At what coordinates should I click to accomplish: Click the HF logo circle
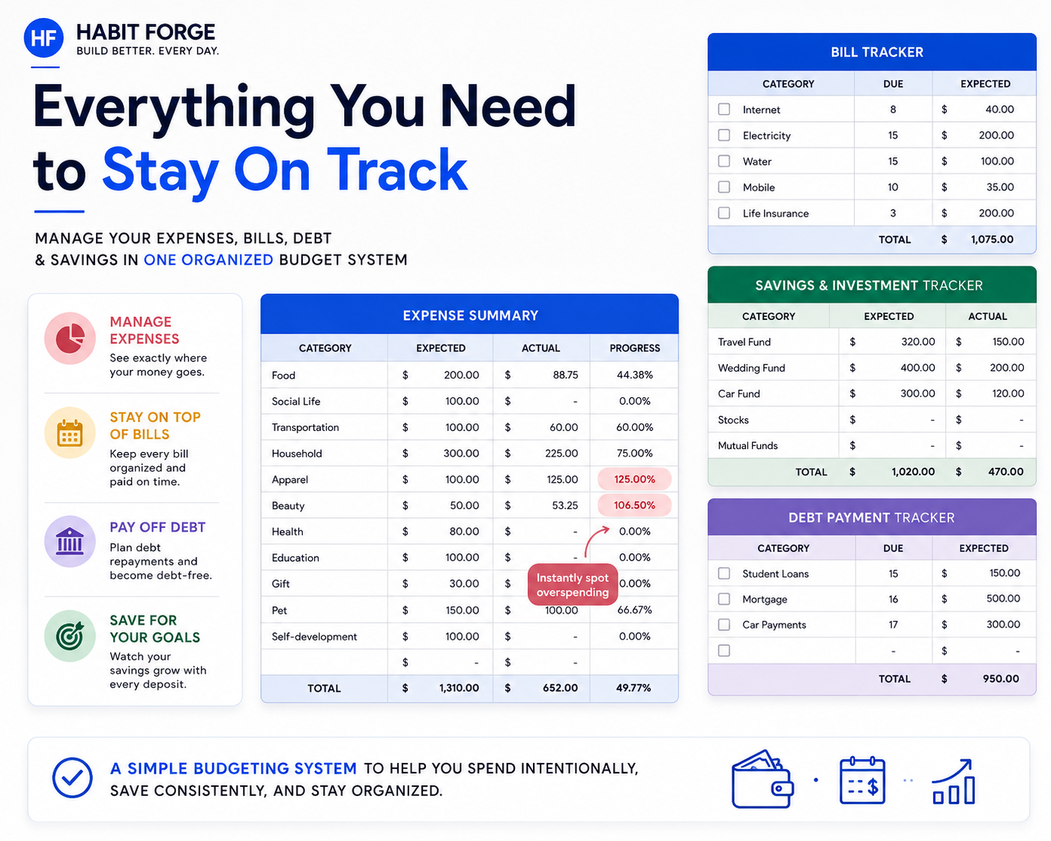(43, 37)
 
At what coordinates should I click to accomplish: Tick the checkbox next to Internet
(724, 109)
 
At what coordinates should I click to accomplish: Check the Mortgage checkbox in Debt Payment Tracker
(724, 599)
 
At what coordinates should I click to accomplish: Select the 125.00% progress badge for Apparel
(634, 479)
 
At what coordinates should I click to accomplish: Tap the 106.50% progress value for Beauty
(634, 505)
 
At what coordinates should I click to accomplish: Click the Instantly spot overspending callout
(573, 585)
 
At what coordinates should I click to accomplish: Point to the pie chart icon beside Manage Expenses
(70, 338)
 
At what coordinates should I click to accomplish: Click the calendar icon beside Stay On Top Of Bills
(70, 432)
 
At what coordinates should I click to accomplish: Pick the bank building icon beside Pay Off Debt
(70, 541)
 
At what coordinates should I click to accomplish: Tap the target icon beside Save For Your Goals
(70, 636)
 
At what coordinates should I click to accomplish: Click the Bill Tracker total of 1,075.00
(992, 239)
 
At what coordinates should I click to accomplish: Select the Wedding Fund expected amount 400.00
(917, 368)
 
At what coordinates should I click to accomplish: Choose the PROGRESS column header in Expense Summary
(634, 349)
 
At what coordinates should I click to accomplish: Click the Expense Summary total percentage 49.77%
(633, 688)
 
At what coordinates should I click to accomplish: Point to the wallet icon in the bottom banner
(762, 779)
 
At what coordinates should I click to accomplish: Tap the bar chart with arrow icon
(954, 782)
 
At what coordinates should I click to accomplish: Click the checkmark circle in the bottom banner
(72, 778)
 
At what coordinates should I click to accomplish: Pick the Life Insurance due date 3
(893, 213)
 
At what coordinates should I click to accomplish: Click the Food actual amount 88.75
(565, 375)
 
